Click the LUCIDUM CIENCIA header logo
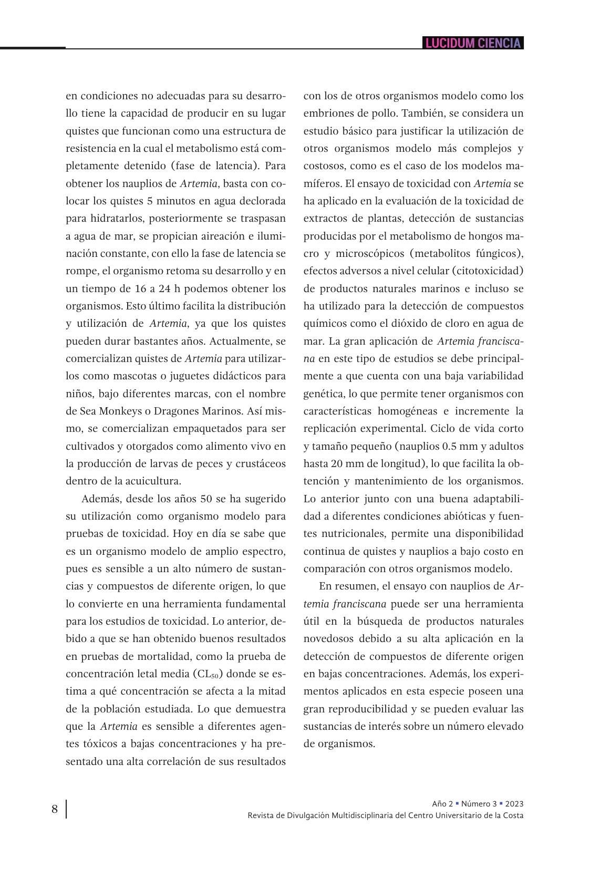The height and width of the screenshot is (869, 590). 473,43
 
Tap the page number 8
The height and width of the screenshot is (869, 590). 55,809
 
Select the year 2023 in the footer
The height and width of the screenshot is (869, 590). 514,803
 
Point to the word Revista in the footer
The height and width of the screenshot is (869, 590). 261,815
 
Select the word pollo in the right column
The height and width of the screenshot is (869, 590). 360,113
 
